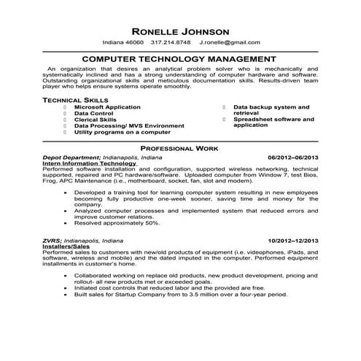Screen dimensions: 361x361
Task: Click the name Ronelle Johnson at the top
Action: pyautogui.click(x=179, y=31)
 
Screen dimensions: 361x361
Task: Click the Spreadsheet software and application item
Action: pyautogui.click(x=273, y=122)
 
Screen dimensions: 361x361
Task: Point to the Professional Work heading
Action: pyautogui.click(x=180, y=148)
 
